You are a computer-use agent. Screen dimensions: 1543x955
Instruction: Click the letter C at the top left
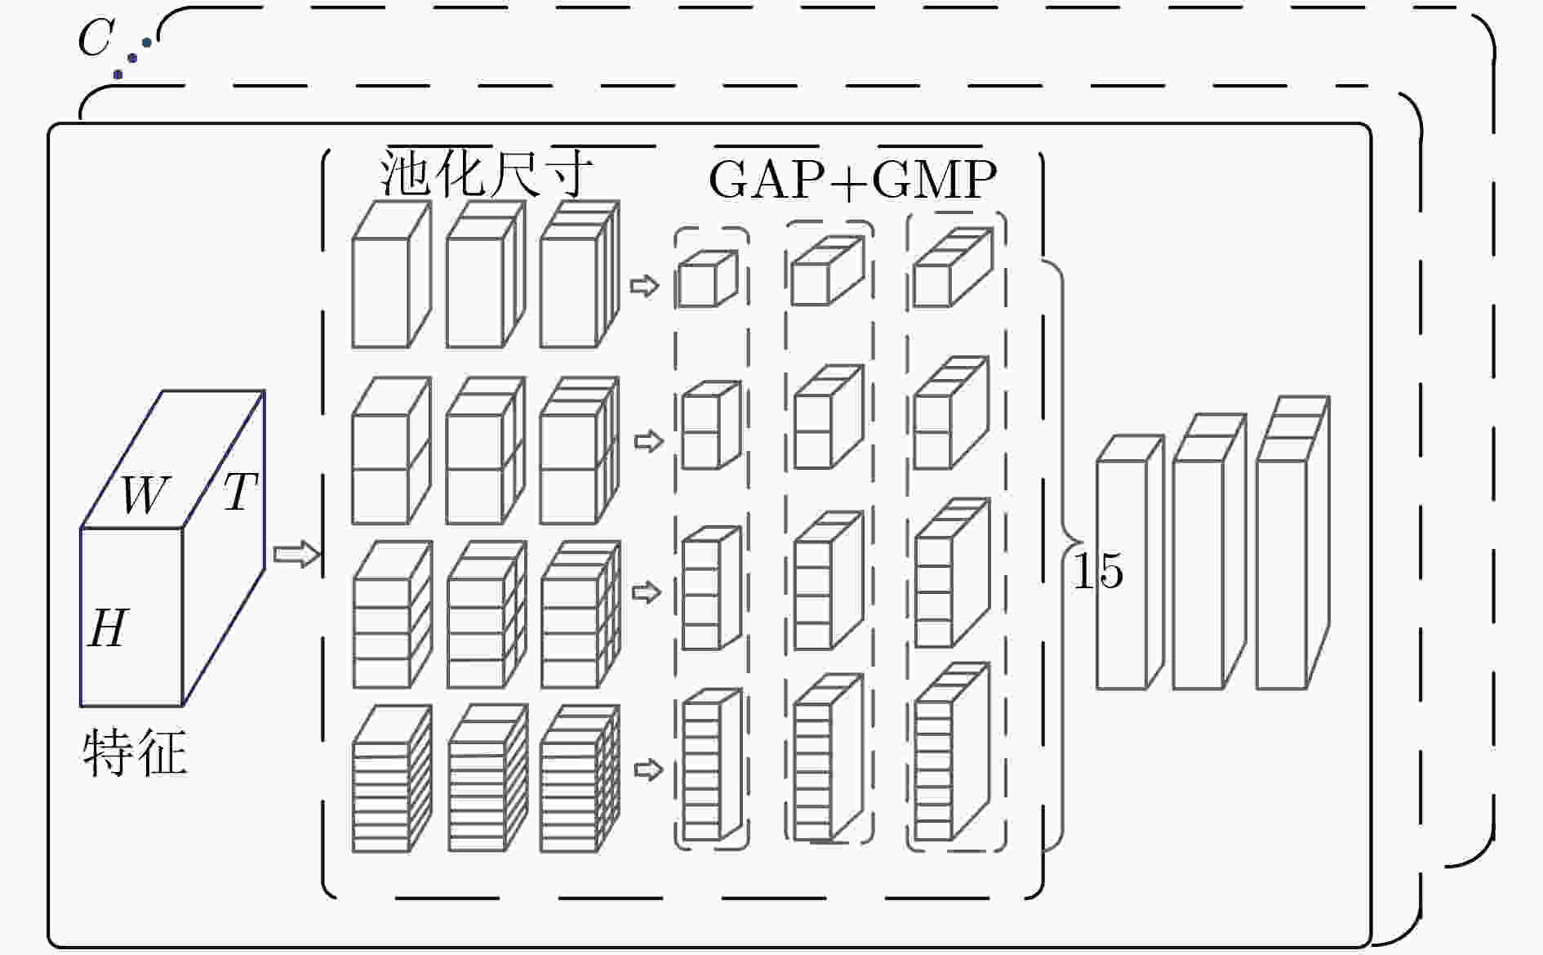coord(95,38)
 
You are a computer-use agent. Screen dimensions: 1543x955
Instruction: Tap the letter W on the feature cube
coord(145,493)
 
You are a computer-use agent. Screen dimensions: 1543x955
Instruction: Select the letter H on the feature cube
coord(109,628)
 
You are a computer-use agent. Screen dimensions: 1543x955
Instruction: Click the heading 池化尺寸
coord(487,173)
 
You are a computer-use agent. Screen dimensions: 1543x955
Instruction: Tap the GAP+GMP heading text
coord(852,179)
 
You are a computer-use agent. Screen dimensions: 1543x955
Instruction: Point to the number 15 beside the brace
coord(1097,570)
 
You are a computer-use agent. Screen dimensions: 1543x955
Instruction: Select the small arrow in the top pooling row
coord(644,286)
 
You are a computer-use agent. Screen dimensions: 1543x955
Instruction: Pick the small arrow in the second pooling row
coord(648,442)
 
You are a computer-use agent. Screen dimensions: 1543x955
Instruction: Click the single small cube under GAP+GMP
coord(708,279)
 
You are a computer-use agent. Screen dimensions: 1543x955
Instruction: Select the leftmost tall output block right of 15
coord(1130,562)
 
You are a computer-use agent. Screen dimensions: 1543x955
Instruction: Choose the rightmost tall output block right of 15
coord(1293,542)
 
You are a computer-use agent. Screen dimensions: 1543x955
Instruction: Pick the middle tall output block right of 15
coord(1210,551)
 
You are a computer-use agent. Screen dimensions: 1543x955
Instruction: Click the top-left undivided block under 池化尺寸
coord(391,274)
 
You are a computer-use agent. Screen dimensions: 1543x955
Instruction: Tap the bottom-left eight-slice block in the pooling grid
coord(392,779)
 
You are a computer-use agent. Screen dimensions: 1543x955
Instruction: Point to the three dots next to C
coord(132,58)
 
